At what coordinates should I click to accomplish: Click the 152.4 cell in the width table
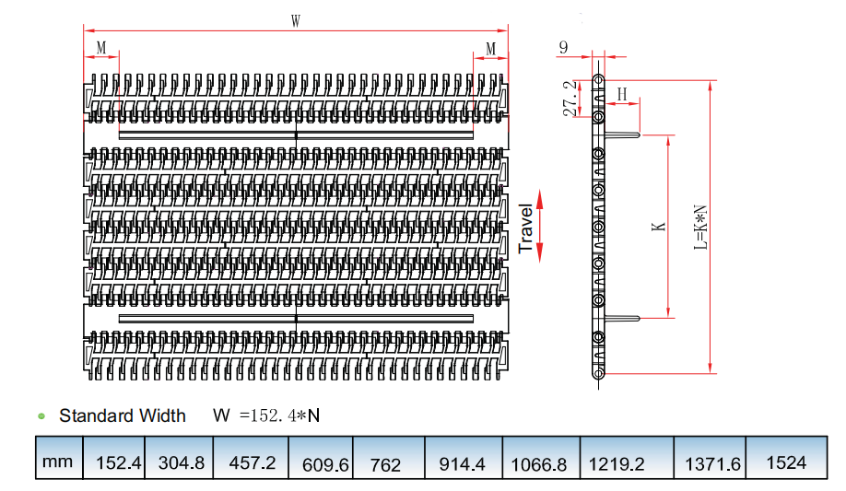coord(114,458)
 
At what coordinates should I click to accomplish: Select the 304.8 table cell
coord(179,458)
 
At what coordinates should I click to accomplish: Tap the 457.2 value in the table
coord(251,458)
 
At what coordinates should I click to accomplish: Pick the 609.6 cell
coord(321,458)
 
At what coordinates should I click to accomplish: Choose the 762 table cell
coord(389,458)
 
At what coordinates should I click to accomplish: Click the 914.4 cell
coord(464,458)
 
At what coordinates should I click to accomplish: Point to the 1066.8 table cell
coord(541,458)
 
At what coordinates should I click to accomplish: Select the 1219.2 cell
coord(627,458)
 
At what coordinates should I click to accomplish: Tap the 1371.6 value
coord(710,458)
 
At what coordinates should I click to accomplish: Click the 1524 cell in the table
coord(787,458)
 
